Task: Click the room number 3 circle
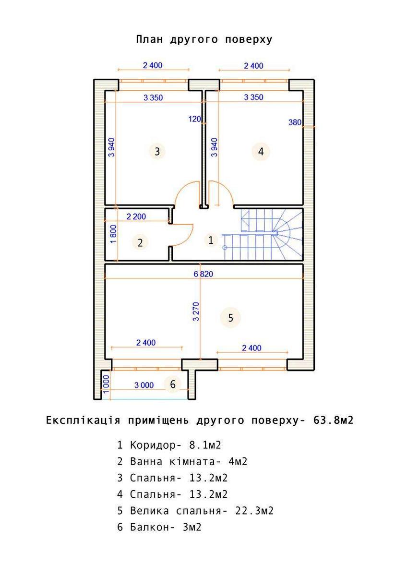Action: (x=157, y=151)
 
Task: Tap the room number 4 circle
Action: (x=261, y=152)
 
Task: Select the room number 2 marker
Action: (x=140, y=242)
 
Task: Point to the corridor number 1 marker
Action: (x=211, y=240)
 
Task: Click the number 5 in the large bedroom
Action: (x=230, y=318)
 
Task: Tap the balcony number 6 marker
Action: (x=172, y=384)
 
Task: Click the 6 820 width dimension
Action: (x=203, y=274)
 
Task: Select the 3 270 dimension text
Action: (x=196, y=312)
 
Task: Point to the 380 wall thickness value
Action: (x=295, y=122)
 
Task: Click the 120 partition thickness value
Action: (x=195, y=119)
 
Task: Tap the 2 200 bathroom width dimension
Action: (x=136, y=216)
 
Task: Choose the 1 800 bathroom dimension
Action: (x=113, y=234)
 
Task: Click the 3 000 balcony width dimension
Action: (x=144, y=385)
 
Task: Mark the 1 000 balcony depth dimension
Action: (x=106, y=384)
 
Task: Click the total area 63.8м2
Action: (x=334, y=420)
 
